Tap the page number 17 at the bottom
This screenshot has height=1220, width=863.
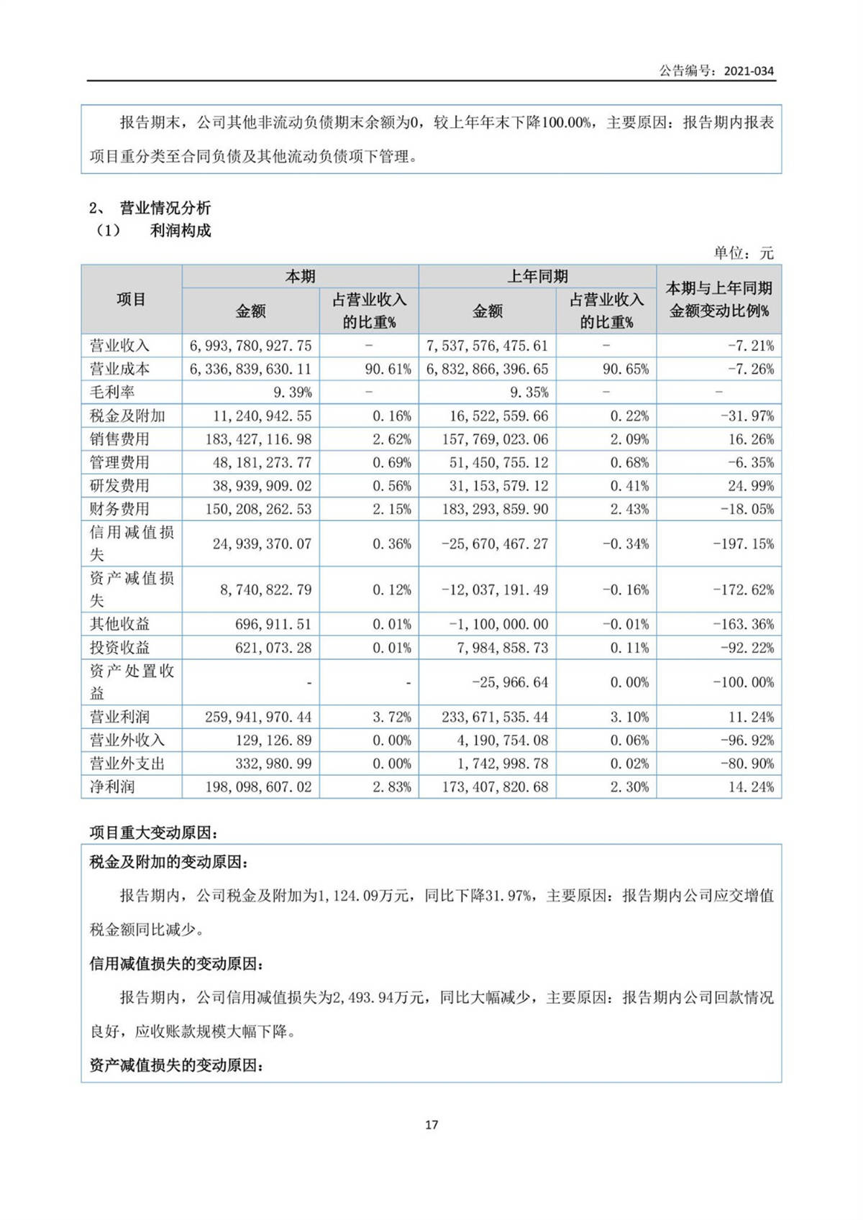431,1124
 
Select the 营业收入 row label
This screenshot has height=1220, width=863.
119,346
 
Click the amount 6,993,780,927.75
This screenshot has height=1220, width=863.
251,346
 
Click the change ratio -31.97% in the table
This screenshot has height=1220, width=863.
751,416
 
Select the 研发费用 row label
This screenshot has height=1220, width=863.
119,486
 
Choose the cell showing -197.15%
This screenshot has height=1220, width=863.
744,544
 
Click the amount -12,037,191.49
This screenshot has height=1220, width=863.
495,590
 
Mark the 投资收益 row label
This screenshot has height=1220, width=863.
119,648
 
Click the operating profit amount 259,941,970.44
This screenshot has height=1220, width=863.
258,717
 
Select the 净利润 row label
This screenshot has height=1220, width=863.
112,786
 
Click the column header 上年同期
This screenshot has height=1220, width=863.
537,277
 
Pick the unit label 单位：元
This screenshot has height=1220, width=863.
744,253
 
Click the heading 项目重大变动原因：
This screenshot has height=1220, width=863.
154,833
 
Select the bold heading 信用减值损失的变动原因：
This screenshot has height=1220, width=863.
176,963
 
